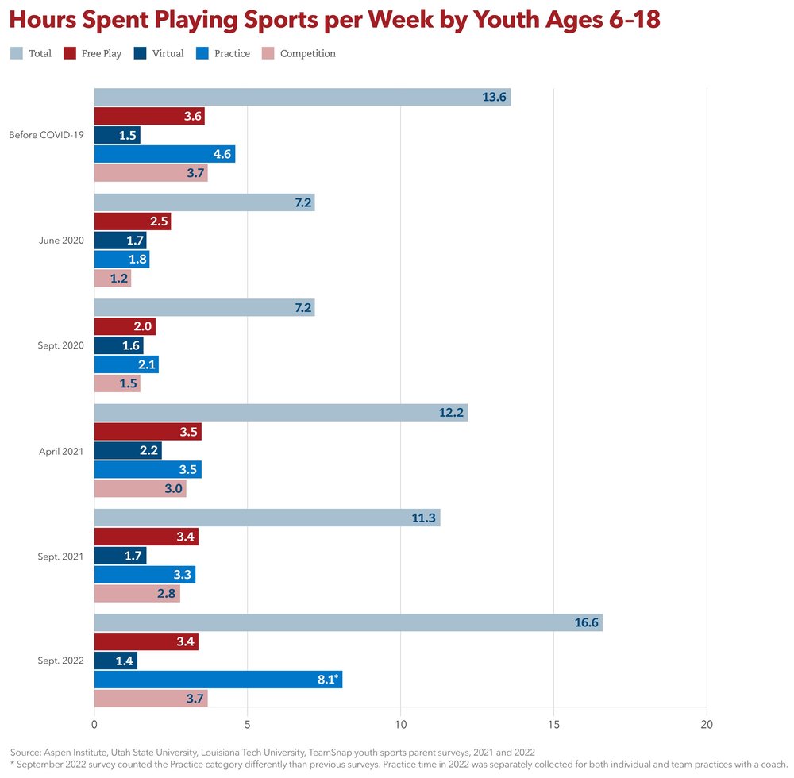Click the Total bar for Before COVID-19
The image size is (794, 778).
pyautogui.click(x=302, y=97)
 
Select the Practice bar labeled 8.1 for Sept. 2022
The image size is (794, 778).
pyautogui.click(x=218, y=680)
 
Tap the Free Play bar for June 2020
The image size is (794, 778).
pyautogui.click(x=132, y=221)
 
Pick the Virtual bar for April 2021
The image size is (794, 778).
pyautogui.click(x=128, y=451)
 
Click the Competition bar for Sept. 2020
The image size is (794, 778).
pyautogui.click(x=117, y=383)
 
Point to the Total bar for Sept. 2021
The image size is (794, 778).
pyautogui.click(x=267, y=518)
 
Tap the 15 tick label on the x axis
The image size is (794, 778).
pyautogui.click(x=553, y=724)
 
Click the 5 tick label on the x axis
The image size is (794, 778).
pyautogui.click(x=248, y=724)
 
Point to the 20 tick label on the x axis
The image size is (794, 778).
pyautogui.click(x=707, y=724)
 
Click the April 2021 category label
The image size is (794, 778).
pyautogui.click(x=61, y=451)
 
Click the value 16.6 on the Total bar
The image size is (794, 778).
pyautogui.click(x=587, y=622)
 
